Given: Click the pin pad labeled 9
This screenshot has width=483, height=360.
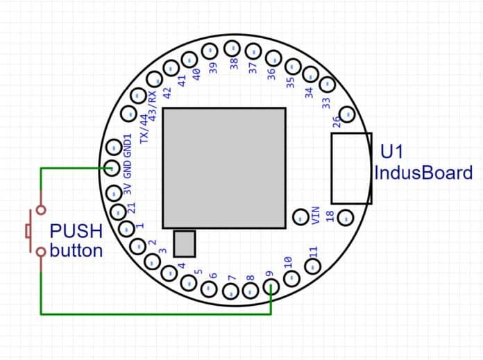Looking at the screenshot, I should click(x=271, y=286).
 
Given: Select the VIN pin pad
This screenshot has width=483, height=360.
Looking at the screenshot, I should click(x=300, y=216).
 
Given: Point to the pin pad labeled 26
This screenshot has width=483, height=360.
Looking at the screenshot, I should click(x=346, y=114).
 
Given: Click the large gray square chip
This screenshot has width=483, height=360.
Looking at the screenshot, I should click(x=224, y=167).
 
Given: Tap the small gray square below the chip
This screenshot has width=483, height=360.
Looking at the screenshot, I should click(x=185, y=243).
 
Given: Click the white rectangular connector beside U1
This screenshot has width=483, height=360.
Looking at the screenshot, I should click(x=350, y=168).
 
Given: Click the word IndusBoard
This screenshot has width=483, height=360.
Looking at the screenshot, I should click(x=423, y=173).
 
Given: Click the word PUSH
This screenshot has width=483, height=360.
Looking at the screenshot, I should click(x=76, y=231).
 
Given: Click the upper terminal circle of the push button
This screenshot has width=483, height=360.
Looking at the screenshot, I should click(x=41, y=209).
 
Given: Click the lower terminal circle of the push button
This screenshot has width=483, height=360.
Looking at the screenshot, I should click(x=41, y=251).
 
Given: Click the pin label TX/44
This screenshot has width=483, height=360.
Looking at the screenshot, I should click(x=144, y=129).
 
